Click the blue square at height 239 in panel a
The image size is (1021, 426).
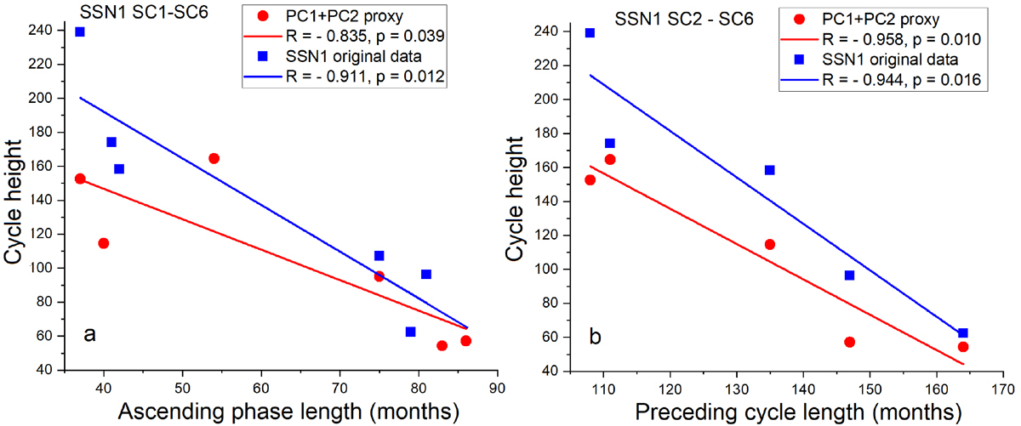[x=80, y=32]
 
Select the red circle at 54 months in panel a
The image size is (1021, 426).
[x=214, y=159]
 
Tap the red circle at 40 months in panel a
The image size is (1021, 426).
[x=104, y=243]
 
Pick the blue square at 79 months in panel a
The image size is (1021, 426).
[x=410, y=332]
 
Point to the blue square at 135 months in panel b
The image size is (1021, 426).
[x=770, y=170]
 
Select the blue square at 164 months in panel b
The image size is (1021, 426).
[x=963, y=333]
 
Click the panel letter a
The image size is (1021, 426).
[x=89, y=334]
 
